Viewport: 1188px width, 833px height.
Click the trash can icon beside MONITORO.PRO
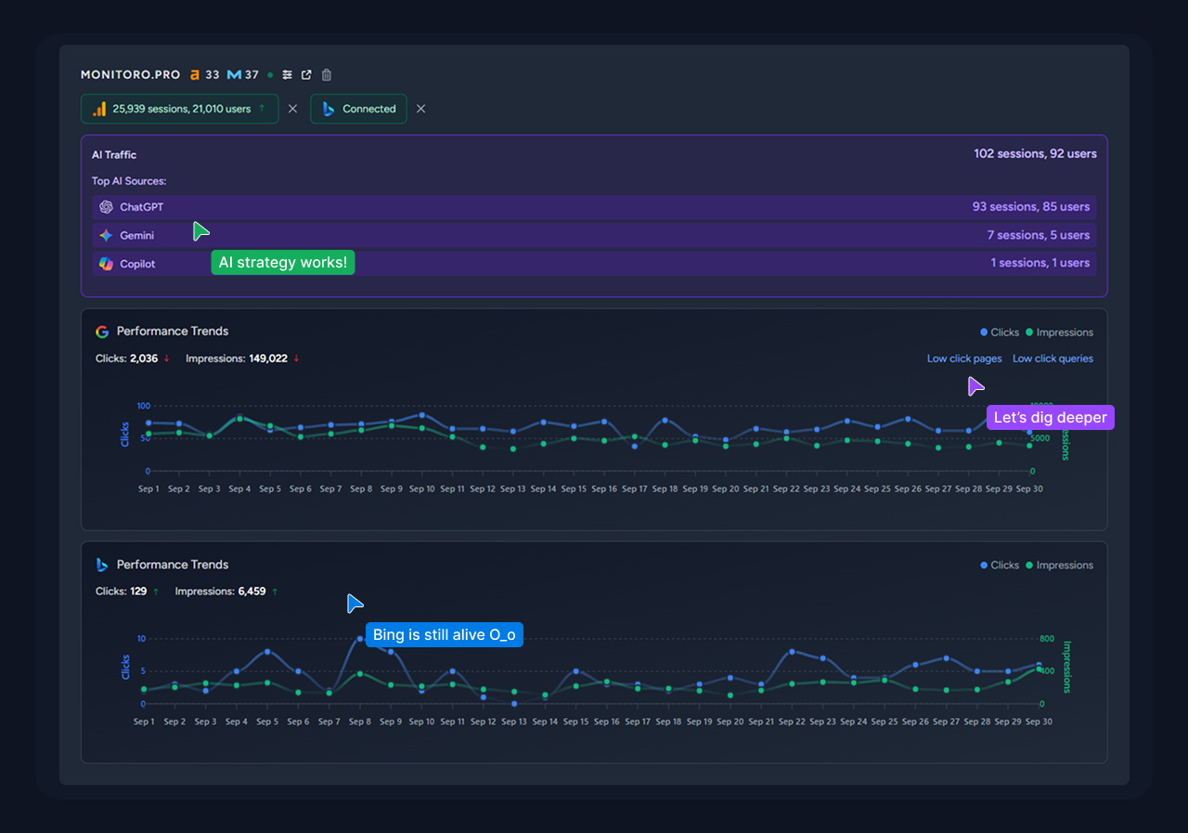point(327,75)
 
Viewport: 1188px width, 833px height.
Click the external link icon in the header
point(306,75)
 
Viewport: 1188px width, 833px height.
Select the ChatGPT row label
point(141,207)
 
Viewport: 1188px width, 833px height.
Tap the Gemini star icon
point(106,236)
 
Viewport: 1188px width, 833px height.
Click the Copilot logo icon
point(106,264)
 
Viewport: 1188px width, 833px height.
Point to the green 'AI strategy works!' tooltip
point(283,263)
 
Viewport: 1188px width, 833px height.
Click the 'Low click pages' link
point(964,358)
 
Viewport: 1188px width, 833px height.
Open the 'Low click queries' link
point(1052,358)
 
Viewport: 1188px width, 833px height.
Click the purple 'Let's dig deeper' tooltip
point(1050,418)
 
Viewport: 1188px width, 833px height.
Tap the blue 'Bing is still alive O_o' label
point(444,635)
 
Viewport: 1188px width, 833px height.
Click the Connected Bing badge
point(358,109)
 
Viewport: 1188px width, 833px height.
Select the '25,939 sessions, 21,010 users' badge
point(179,109)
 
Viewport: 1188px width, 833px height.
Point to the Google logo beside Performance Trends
point(102,332)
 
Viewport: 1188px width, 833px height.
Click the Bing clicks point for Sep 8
point(360,639)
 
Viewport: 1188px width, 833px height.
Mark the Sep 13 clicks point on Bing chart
point(514,703)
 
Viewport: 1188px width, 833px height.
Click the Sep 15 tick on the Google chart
point(574,489)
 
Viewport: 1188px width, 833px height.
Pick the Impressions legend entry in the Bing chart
point(1059,565)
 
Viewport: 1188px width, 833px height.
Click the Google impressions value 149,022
point(268,358)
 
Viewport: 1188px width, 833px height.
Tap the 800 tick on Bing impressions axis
point(1047,639)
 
